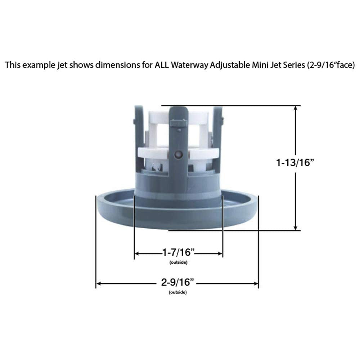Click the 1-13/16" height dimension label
(x=295, y=162)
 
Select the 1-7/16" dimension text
(x=178, y=252)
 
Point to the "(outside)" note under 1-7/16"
(x=178, y=262)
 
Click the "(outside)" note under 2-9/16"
(x=177, y=292)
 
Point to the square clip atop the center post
(x=179, y=123)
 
